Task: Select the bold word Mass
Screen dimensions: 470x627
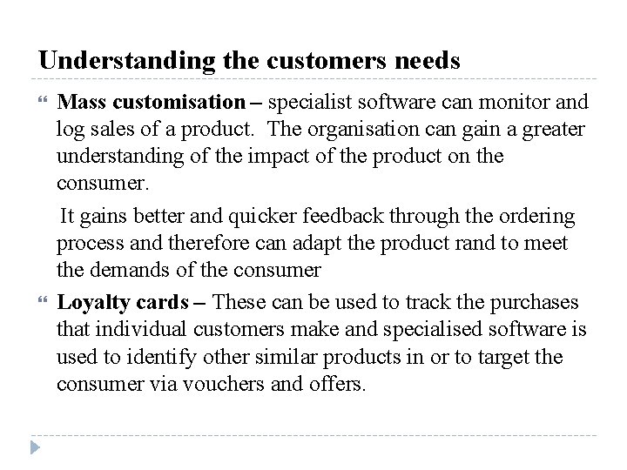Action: coord(80,104)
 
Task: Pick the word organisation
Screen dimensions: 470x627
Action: coord(382,129)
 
